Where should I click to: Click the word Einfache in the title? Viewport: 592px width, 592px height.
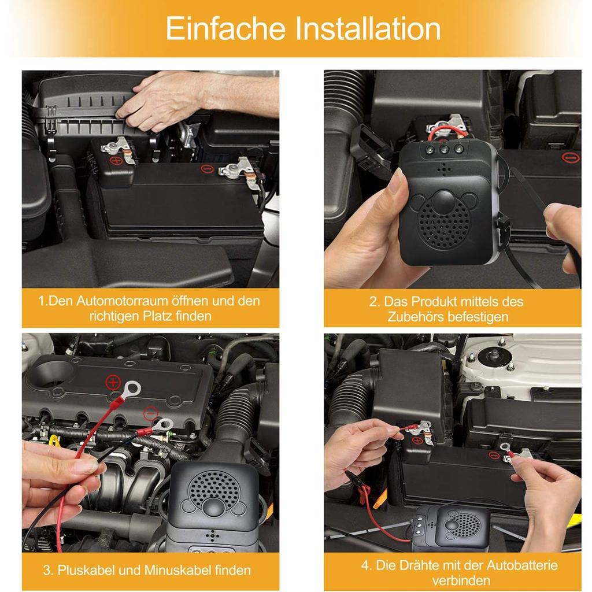(225, 28)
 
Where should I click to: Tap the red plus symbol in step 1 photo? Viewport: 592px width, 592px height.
(116, 161)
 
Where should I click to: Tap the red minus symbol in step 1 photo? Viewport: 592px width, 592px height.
(208, 169)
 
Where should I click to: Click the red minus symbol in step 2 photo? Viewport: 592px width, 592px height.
(571, 157)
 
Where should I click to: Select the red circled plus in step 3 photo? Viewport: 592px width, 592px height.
(113, 383)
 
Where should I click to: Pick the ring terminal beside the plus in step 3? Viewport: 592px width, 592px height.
(132, 388)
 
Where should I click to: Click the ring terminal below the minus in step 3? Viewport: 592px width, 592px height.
(164, 425)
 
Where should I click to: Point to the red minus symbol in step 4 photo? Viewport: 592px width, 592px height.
(494, 456)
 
